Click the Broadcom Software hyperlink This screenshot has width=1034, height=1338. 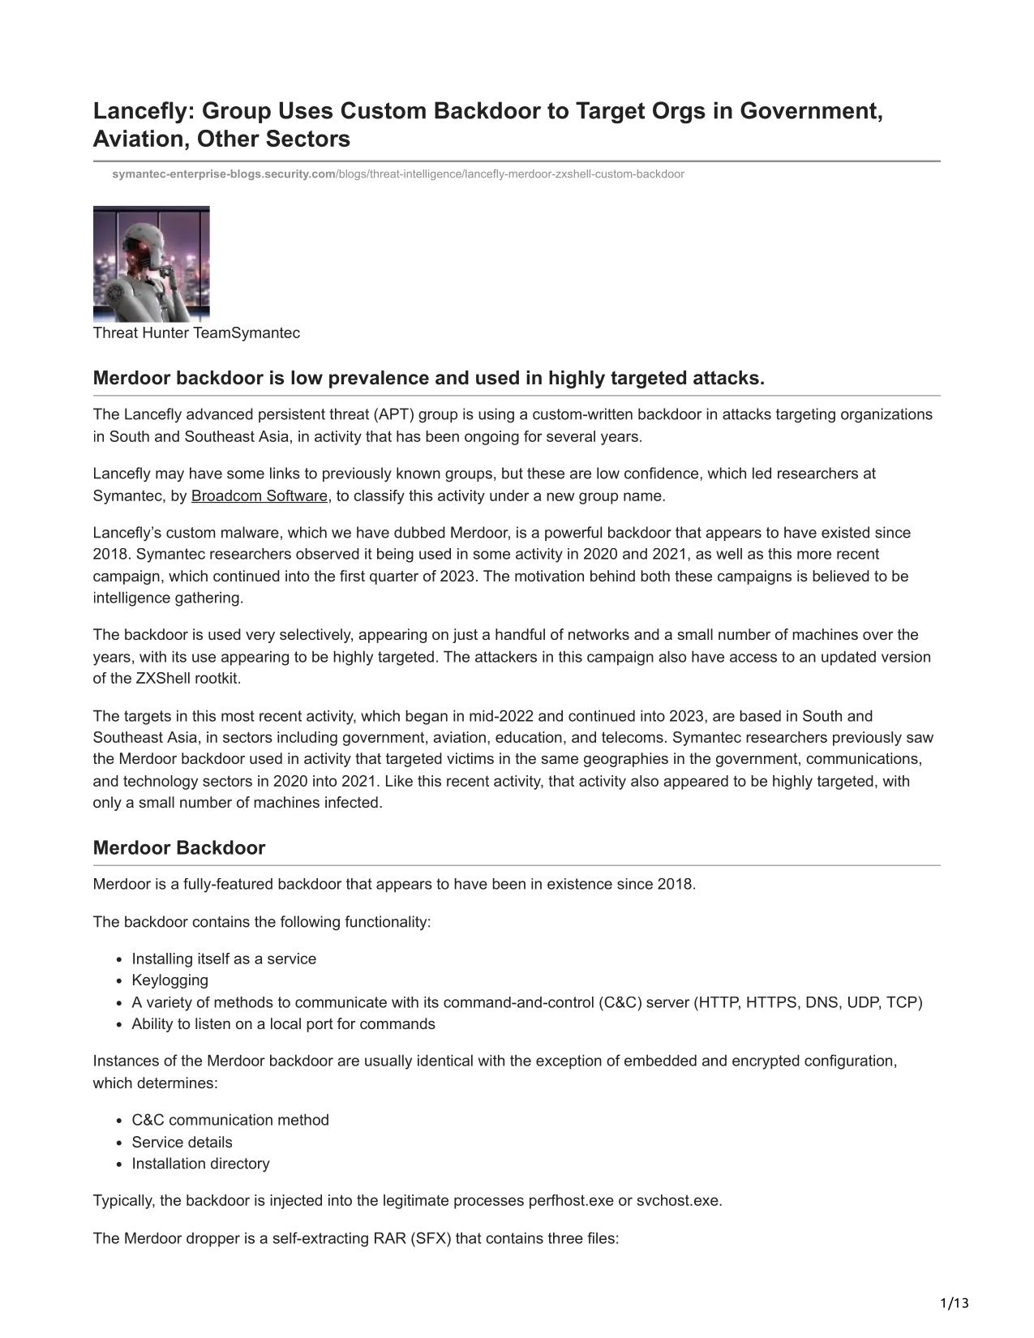[260, 496]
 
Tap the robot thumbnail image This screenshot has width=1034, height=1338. [152, 264]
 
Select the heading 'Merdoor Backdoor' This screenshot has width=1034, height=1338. [179, 848]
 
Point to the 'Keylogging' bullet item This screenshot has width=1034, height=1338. [170, 980]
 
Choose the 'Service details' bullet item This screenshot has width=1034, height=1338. [182, 1143]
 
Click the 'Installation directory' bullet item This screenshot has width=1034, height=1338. [201, 1164]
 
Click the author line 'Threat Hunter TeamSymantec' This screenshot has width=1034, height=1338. [196, 333]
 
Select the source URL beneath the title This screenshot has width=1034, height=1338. [397, 174]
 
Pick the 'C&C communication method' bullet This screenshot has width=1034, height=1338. [230, 1121]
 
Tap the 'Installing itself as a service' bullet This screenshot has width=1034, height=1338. [224, 959]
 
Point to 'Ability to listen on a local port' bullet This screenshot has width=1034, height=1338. [284, 1024]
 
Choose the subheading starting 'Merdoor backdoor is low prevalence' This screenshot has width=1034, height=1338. [429, 379]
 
